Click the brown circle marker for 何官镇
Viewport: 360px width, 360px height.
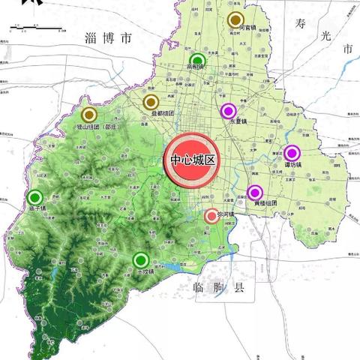236,20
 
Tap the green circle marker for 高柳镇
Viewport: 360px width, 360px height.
198,61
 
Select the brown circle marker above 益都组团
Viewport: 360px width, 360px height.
151,102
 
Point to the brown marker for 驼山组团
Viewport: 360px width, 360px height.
89,115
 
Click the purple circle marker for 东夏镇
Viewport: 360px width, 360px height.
229,111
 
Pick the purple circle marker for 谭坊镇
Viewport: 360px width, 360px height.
292,153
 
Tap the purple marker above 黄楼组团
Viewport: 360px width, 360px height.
255,192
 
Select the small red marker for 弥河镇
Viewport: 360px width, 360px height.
212,216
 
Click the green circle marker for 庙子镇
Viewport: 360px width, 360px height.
34,197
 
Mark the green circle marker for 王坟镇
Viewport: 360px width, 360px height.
139,260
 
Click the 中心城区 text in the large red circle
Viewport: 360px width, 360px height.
192,160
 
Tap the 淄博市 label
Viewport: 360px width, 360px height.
108,37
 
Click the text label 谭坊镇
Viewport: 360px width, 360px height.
293,164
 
